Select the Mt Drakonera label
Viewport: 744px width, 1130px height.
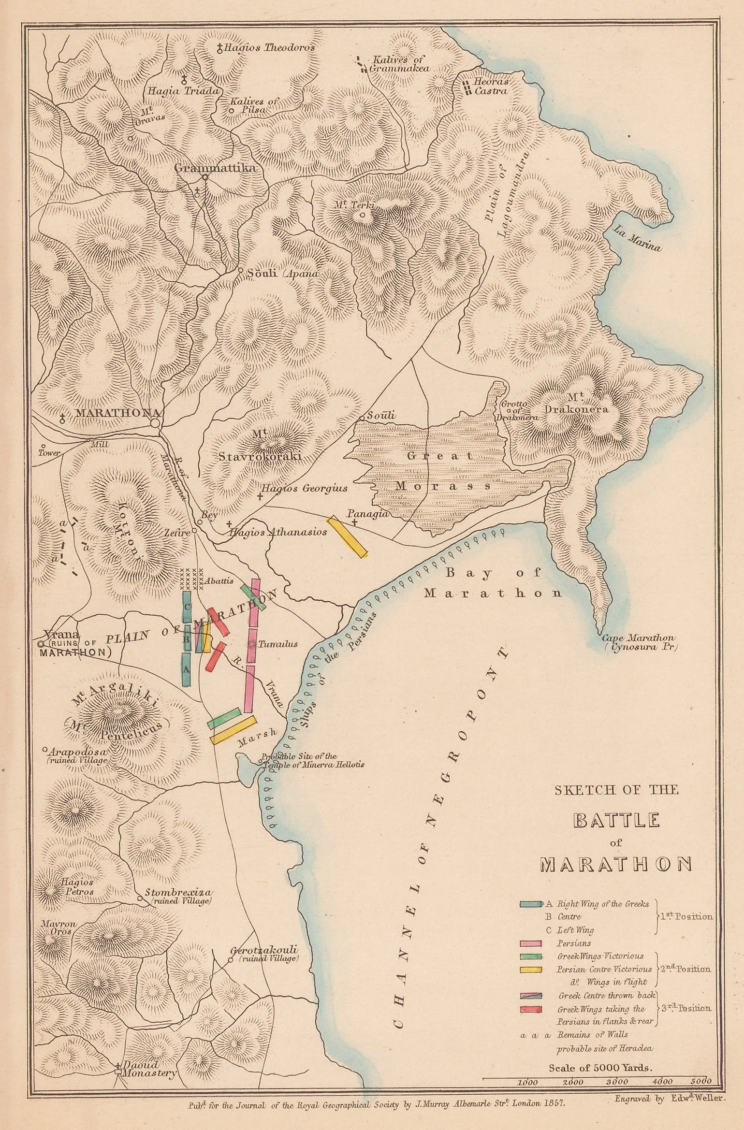586,403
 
